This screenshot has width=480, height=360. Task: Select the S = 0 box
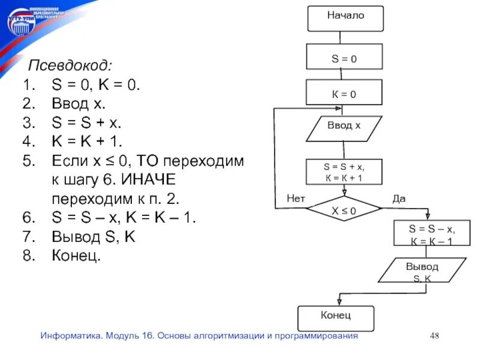click(x=344, y=59)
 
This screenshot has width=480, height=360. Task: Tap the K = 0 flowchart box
click(x=344, y=94)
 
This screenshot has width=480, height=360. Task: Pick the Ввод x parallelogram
click(x=344, y=128)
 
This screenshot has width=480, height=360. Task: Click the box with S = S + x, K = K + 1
click(x=344, y=171)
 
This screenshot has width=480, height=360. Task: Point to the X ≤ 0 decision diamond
click(x=344, y=211)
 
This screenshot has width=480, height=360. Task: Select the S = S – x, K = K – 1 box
click(x=431, y=234)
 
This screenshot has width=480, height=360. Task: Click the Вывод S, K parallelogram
click(x=422, y=271)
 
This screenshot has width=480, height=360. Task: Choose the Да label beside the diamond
click(x=399, y=198)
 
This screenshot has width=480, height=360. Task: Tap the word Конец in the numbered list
click(x=76, y=256)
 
